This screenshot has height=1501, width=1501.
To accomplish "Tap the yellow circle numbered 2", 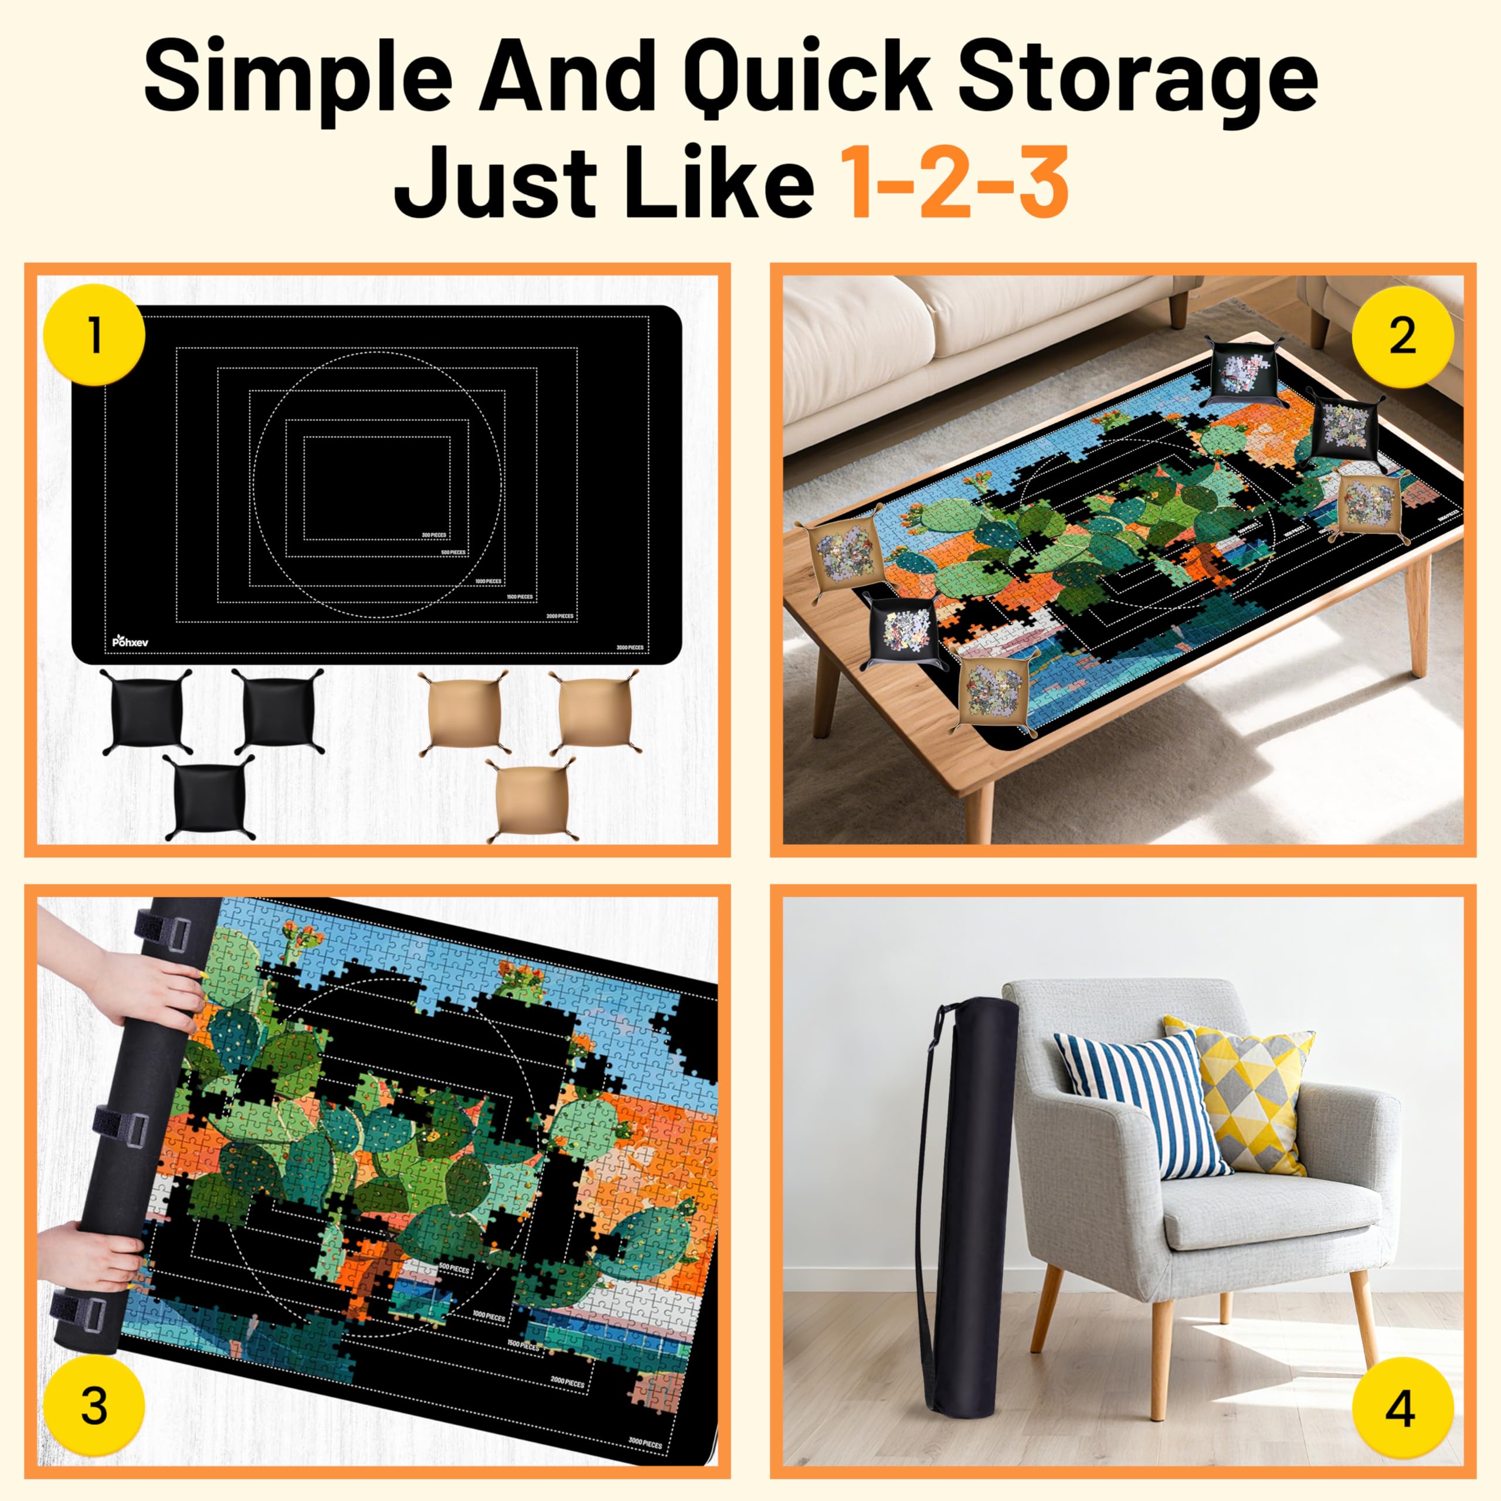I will (1402, 337).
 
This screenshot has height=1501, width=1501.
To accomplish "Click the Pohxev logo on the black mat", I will (129, 640).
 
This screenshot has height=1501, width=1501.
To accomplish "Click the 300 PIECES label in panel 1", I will (432, 535).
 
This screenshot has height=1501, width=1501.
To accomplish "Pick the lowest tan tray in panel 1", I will (530, 800).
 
